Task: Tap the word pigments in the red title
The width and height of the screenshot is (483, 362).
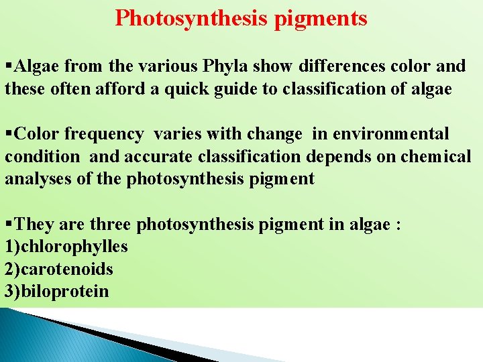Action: (321, 19)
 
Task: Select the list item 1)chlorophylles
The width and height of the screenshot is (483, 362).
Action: (66, 247)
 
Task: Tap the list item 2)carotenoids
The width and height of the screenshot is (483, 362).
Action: (59, 269)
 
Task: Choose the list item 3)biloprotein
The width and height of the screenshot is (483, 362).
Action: (56, 292)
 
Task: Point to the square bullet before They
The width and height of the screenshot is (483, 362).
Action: (8, 224)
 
